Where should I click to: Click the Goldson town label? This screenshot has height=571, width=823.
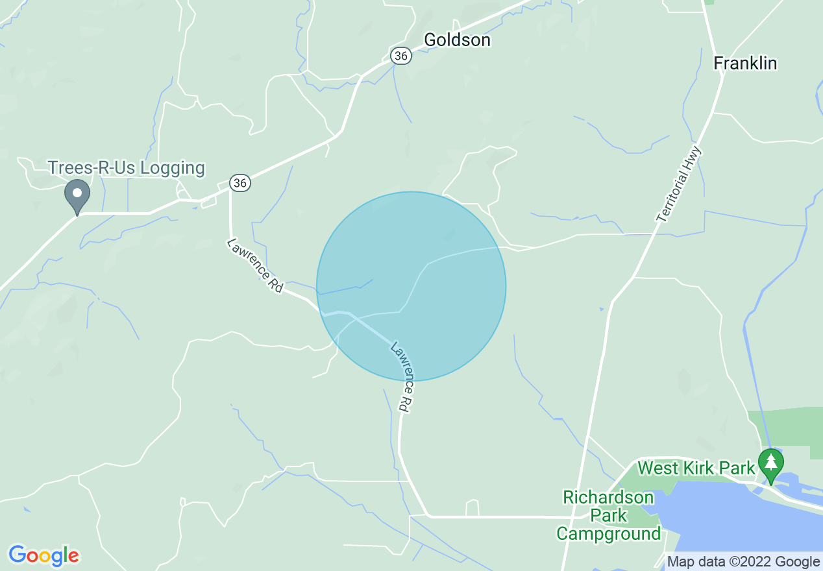(457, 40)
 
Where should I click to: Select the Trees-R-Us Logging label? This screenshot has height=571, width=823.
(126, 168)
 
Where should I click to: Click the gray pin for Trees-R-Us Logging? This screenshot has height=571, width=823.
(77, 194)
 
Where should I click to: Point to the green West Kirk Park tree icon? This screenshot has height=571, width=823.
(770, 463)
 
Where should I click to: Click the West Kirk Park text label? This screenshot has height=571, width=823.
(696, 468)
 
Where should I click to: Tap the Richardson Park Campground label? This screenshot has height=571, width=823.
(608, 516)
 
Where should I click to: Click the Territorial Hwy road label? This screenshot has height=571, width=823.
(680, 186)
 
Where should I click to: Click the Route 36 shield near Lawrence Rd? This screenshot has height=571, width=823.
(240, 183)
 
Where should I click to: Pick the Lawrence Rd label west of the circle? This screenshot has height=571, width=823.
(255, 265)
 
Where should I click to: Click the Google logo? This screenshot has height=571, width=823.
(43, 555)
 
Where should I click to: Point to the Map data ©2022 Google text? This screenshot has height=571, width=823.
(744, 562)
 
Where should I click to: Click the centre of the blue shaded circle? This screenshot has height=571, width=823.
(411, 286)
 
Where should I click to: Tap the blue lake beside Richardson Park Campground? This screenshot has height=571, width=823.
(746, 526)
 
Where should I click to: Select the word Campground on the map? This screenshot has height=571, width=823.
(608, 534)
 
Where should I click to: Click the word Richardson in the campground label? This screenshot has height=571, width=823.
(608, 498)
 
